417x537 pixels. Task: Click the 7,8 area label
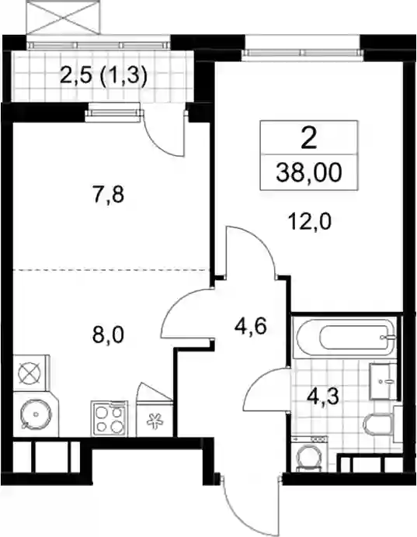point(108,196)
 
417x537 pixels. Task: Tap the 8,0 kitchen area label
point(108,335)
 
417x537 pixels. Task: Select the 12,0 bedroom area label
point(309,222)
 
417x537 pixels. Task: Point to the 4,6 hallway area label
point(250,327)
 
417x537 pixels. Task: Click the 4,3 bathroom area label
point(323,397)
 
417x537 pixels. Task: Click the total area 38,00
point(309,172)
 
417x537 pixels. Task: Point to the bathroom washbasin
point(382,382)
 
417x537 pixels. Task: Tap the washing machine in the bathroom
point(309,454)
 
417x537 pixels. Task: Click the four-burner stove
point(109,419)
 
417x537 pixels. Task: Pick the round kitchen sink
point(35,414)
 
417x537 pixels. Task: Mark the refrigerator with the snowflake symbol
point(155,419)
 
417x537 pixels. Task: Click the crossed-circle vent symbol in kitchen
point(30,373)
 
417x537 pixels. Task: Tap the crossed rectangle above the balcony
point(64,17)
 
